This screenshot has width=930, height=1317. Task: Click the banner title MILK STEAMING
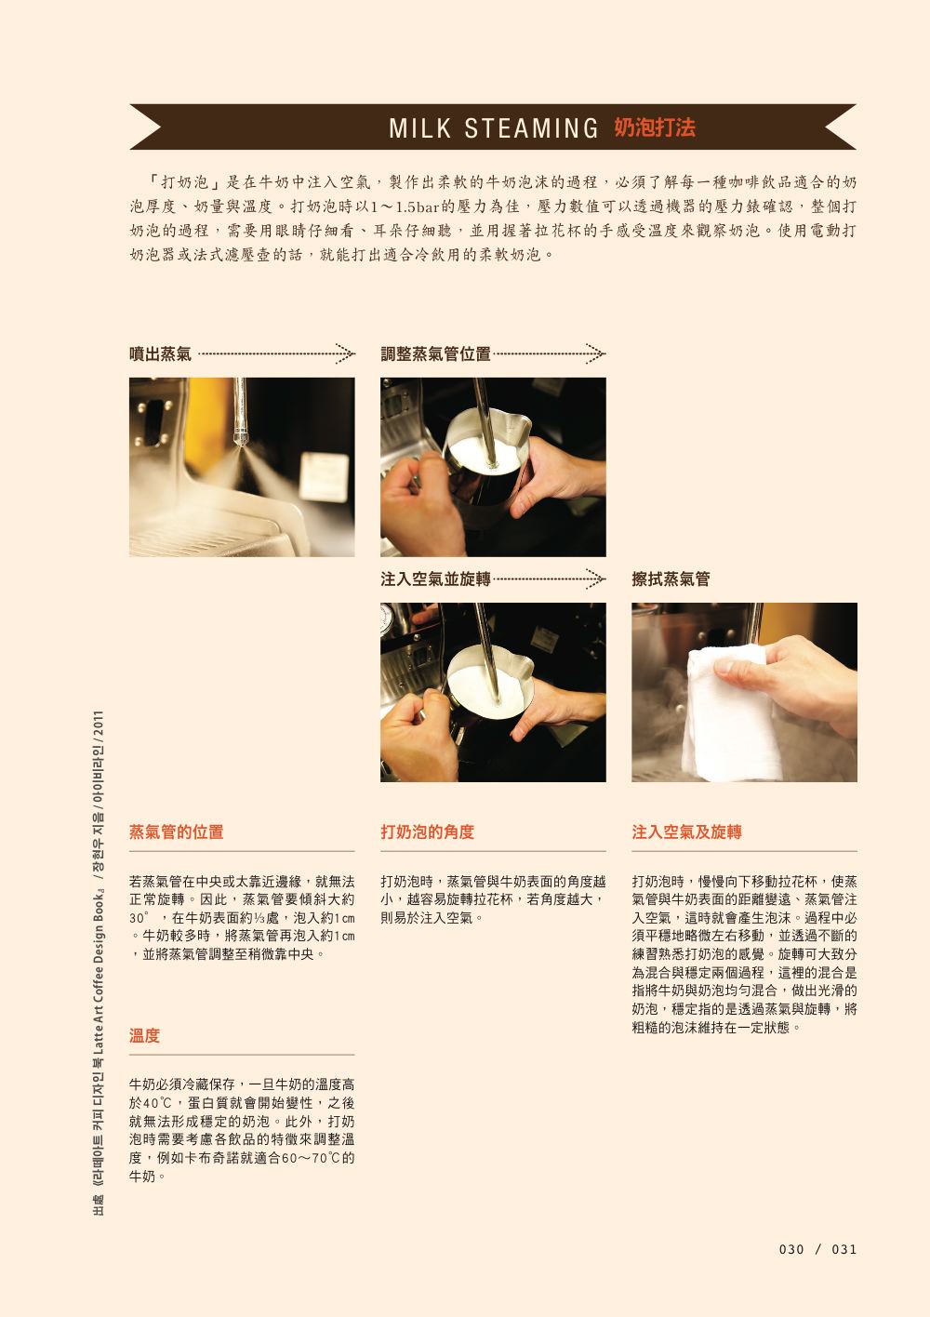pos(493,128)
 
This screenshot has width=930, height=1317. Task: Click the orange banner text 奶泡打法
pos(655,127)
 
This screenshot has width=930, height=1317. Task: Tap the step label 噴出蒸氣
pos(161,354)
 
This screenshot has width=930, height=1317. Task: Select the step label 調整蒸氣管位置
pos(435,354)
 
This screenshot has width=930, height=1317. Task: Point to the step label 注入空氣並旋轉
pos(435,579)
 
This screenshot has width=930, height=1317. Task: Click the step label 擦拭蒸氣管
pos(671,579)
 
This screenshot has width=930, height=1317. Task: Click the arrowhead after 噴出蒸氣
pos(345,353)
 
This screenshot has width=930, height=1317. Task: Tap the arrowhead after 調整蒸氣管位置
pos(595,353)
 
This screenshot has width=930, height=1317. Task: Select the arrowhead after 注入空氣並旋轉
pos(595,579)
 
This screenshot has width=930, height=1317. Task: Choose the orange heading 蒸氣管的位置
pos(177,831)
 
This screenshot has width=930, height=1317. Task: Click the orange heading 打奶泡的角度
pos(428,831)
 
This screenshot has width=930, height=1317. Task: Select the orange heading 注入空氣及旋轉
pos(686,831)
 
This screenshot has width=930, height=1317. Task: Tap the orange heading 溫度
pos(144,1035)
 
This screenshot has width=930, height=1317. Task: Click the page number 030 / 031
pos(817,1249)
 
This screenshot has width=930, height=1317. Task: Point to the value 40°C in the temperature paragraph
pos(158,1103)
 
